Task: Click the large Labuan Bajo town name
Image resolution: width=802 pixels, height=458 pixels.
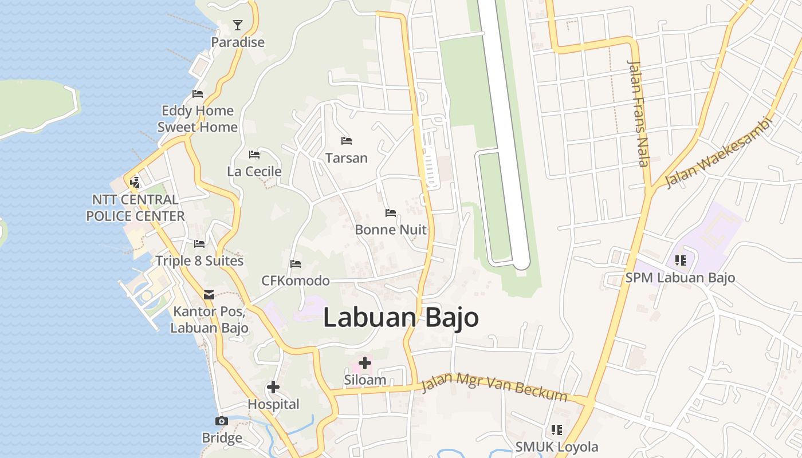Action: [401, 318]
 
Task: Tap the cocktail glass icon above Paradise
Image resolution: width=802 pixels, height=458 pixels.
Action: [238, 25]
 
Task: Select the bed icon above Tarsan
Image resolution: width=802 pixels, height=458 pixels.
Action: [346, 140]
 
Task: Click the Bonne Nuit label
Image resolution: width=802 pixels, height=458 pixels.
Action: [391, 230]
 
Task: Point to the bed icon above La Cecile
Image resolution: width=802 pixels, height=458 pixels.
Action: [254, 155]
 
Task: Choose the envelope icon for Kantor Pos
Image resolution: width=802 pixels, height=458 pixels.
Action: [209, 294]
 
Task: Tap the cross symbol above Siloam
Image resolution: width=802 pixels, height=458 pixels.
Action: [364, 363]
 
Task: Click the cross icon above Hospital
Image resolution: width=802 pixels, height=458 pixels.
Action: [273, 387]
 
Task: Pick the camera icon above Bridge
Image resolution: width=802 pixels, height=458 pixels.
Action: [222, 421]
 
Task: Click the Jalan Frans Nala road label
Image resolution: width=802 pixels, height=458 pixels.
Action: [639, 113]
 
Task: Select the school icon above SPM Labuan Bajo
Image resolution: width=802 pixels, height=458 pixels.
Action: [680, 260]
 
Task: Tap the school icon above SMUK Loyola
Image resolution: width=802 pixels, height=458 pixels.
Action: [556, 429]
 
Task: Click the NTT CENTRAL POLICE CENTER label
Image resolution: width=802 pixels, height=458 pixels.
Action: [135, 208]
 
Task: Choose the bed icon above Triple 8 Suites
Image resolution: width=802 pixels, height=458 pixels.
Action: [199, 244]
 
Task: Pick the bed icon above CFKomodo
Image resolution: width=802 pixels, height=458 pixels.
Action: [296, 264]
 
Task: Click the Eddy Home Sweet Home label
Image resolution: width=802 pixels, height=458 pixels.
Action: [198, 119]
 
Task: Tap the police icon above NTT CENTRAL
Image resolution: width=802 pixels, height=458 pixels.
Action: [135, 183]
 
